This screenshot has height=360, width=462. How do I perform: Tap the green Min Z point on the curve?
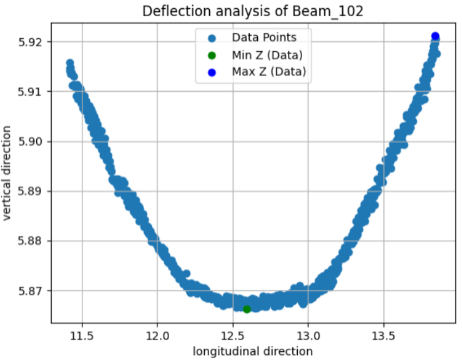[247, 309]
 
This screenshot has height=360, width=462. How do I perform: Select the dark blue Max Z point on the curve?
[435, 36]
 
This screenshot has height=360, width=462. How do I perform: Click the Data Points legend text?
[264, 38]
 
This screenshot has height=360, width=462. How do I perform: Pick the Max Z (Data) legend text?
[269, 72]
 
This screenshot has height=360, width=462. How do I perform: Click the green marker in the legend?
[212, 55]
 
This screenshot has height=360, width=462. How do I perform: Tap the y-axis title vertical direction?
[8, 172]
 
